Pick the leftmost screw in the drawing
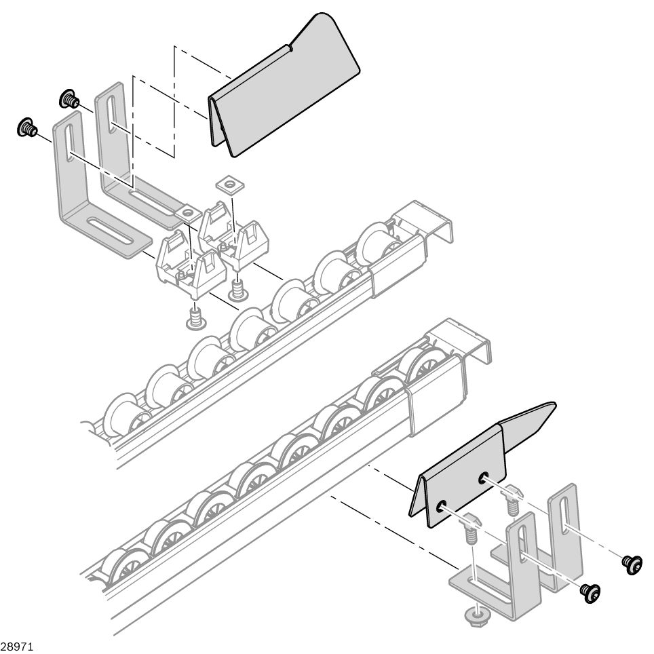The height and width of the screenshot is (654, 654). pos(26,127)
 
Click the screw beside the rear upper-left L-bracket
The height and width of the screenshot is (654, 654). pos(67,99)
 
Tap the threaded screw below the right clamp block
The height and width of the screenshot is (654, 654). pos(239,290)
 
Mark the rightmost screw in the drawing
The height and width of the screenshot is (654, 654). pos(633,563)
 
